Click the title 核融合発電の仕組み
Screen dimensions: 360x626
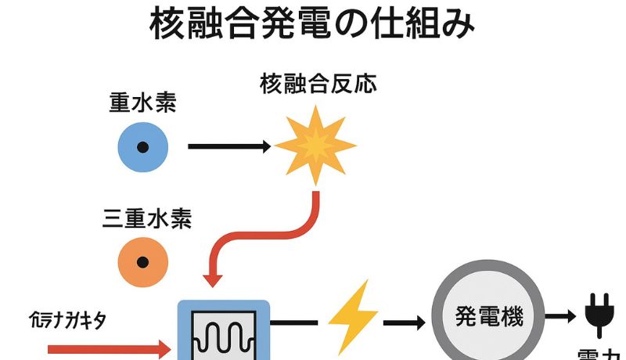click(x=312, y=26)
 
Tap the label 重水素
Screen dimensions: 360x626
click(x=142, y=104)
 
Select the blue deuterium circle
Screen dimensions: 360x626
click(x=142, y=146)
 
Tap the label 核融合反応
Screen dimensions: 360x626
click(x=318, y=85)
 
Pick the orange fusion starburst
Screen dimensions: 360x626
click(x=315, y=146)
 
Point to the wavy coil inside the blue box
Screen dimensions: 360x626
click(x=225, y=338)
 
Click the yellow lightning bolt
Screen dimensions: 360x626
click(x=351, y=317)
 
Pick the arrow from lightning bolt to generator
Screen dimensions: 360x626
click(x=405, y=322)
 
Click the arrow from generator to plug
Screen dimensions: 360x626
click(x=560, y=317)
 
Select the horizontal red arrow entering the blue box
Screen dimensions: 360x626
click(x=110, y=349)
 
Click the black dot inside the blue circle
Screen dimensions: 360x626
click(x=142, y=146)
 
